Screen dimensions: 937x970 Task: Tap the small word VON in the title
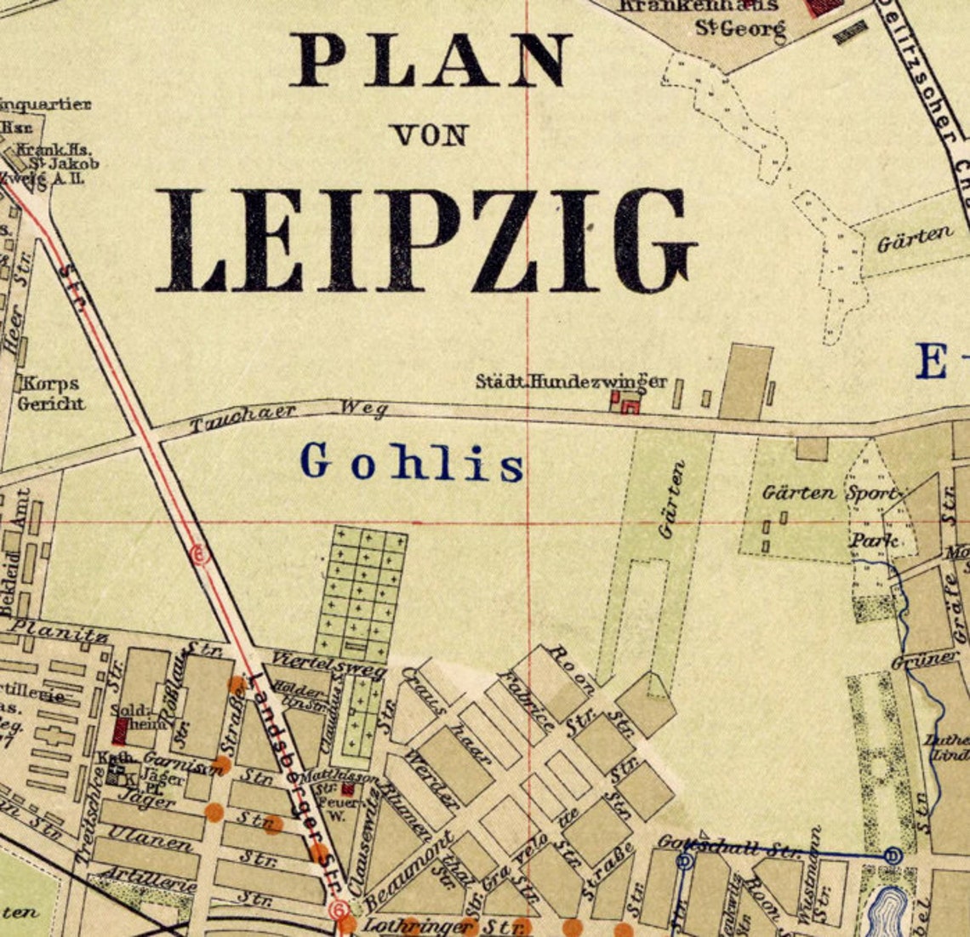click(430, 134)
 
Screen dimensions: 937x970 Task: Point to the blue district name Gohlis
click(412, 462)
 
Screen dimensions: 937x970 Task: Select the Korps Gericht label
click(51, 393)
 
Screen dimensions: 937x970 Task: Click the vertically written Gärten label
click(672, 499)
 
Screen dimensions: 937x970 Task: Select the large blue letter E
click(932, 361)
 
